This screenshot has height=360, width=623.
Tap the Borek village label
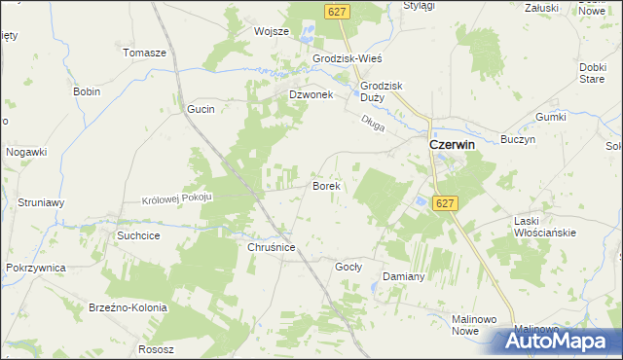[324, 185]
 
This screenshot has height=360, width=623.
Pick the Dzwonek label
[311, 95]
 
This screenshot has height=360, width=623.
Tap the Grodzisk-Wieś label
[347, 58]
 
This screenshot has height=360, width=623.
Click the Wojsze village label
[272, 31]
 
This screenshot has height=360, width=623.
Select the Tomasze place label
[145, 53]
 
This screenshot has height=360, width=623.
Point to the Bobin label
[87, 91]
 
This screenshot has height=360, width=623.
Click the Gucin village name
[201, 110]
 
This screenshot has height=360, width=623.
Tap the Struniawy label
[41, 202]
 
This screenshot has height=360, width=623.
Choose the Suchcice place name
[137, 234]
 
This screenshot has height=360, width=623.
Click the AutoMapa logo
[559, 341]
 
